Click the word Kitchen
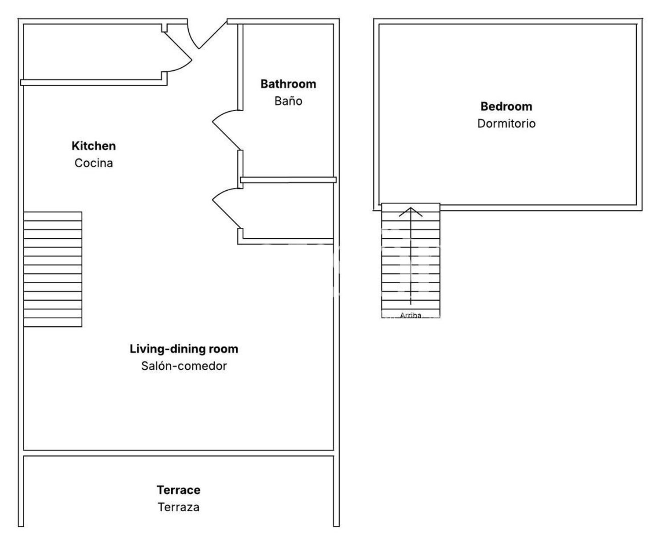tap(94, 146)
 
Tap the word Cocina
tap(94, 163)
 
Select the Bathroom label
tap(288, 84)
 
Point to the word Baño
tap(288, 101)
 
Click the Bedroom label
tap(506, 106)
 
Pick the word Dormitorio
tap(506, 124)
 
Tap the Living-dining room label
tap(184, 349)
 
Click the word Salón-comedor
tap(184, 366)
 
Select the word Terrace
tap(179, 490)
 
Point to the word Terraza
tap(179, 507)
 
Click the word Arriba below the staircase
tap(411, 315)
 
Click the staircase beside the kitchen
tap(53, 269)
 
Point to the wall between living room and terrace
tap(179, 453)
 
